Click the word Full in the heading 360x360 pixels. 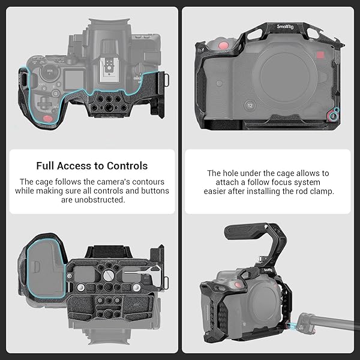coord(45,166)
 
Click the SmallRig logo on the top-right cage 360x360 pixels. coord(285,26)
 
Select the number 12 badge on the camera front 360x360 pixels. coord(250,106)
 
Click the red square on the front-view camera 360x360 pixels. coord(320,55)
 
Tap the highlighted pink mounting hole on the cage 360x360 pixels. coord(332,116)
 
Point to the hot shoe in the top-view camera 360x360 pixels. coord(109,70)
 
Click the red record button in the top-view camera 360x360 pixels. coord(48,118)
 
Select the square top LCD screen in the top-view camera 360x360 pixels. coord(74,80)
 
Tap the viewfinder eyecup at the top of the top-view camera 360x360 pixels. coord(110,23)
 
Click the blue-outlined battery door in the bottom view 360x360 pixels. coord(46,268)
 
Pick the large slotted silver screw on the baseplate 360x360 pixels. coord(107,275)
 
